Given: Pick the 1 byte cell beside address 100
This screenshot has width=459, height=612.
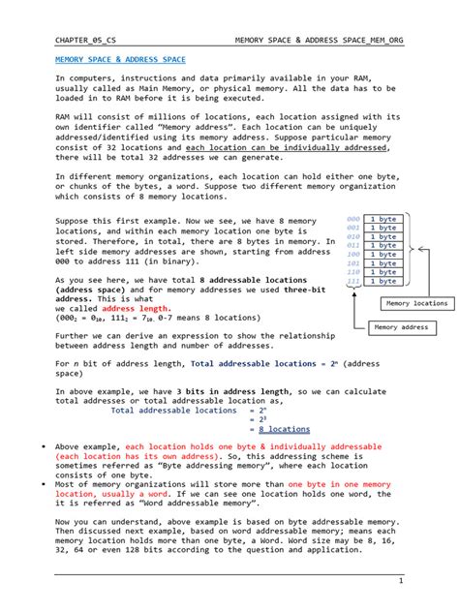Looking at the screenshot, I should (386, 255).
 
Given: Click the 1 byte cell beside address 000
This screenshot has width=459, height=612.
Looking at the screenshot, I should (386, 220).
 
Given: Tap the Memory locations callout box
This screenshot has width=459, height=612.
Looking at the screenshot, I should (417, 303).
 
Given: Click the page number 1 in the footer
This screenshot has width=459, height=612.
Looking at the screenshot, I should (400, 580).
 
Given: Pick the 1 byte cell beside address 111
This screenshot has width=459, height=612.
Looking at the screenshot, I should (386, 281).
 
